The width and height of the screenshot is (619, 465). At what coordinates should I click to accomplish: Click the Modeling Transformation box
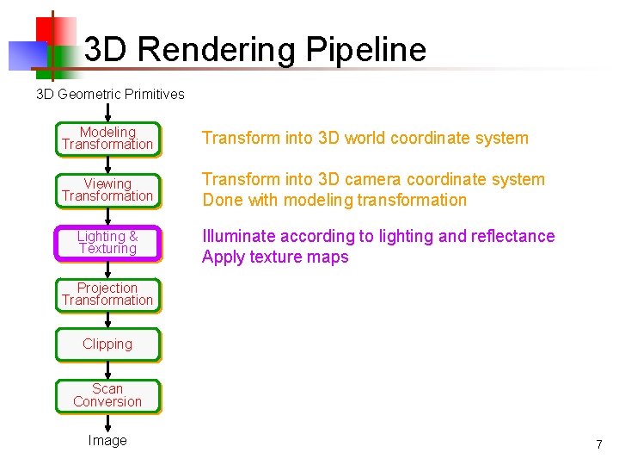pos(107,139)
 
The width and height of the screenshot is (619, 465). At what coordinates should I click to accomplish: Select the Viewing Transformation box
pos(107,190)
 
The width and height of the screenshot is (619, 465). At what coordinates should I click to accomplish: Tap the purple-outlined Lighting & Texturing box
pos(107,243)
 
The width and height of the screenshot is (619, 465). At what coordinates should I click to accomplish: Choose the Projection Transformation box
pos(107,294)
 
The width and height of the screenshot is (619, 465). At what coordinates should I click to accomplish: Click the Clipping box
pos(107,344)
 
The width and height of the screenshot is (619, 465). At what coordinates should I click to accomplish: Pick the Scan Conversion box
pos(107,395)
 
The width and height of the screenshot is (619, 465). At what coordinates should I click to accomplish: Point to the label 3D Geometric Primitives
pos(110,94)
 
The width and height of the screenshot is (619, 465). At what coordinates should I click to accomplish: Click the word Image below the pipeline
pos(107,441)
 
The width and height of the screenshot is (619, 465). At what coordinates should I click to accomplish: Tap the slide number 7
pos(599,444)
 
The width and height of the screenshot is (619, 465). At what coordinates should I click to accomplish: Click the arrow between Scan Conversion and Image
pos(107,423)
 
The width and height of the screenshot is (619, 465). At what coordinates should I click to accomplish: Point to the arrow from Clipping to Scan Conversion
pos(107,370)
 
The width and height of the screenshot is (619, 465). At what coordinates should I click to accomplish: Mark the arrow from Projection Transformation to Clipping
pos(107,319)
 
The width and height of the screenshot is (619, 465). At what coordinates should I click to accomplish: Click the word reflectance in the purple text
pos(512,236)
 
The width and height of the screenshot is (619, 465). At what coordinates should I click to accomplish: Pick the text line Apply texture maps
pos(275,257)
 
